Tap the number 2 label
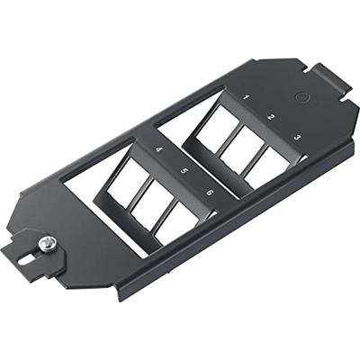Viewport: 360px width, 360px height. (270, 117)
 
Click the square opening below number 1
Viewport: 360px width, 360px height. (217, 129)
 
